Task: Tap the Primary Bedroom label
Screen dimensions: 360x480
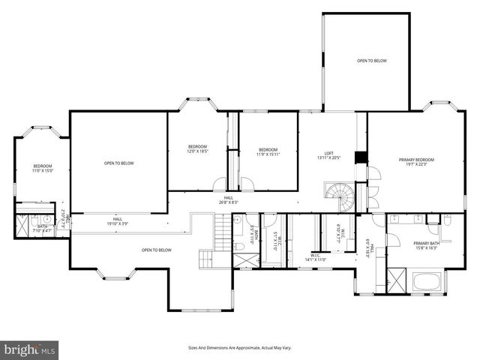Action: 416,162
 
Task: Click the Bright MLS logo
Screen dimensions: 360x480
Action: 30,349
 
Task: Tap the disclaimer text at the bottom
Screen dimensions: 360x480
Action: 239,347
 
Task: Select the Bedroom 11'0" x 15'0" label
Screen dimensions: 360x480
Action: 43,168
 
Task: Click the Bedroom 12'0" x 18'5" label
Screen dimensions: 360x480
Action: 197,148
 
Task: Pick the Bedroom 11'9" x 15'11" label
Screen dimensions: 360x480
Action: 268,151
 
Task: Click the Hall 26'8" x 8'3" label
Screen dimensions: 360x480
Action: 228,199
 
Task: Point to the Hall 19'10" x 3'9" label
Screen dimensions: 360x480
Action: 118,221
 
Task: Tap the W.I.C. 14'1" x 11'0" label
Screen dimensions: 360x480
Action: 313,258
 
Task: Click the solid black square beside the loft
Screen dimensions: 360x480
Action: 361,157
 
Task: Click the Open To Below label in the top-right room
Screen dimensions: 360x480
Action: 371,60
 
